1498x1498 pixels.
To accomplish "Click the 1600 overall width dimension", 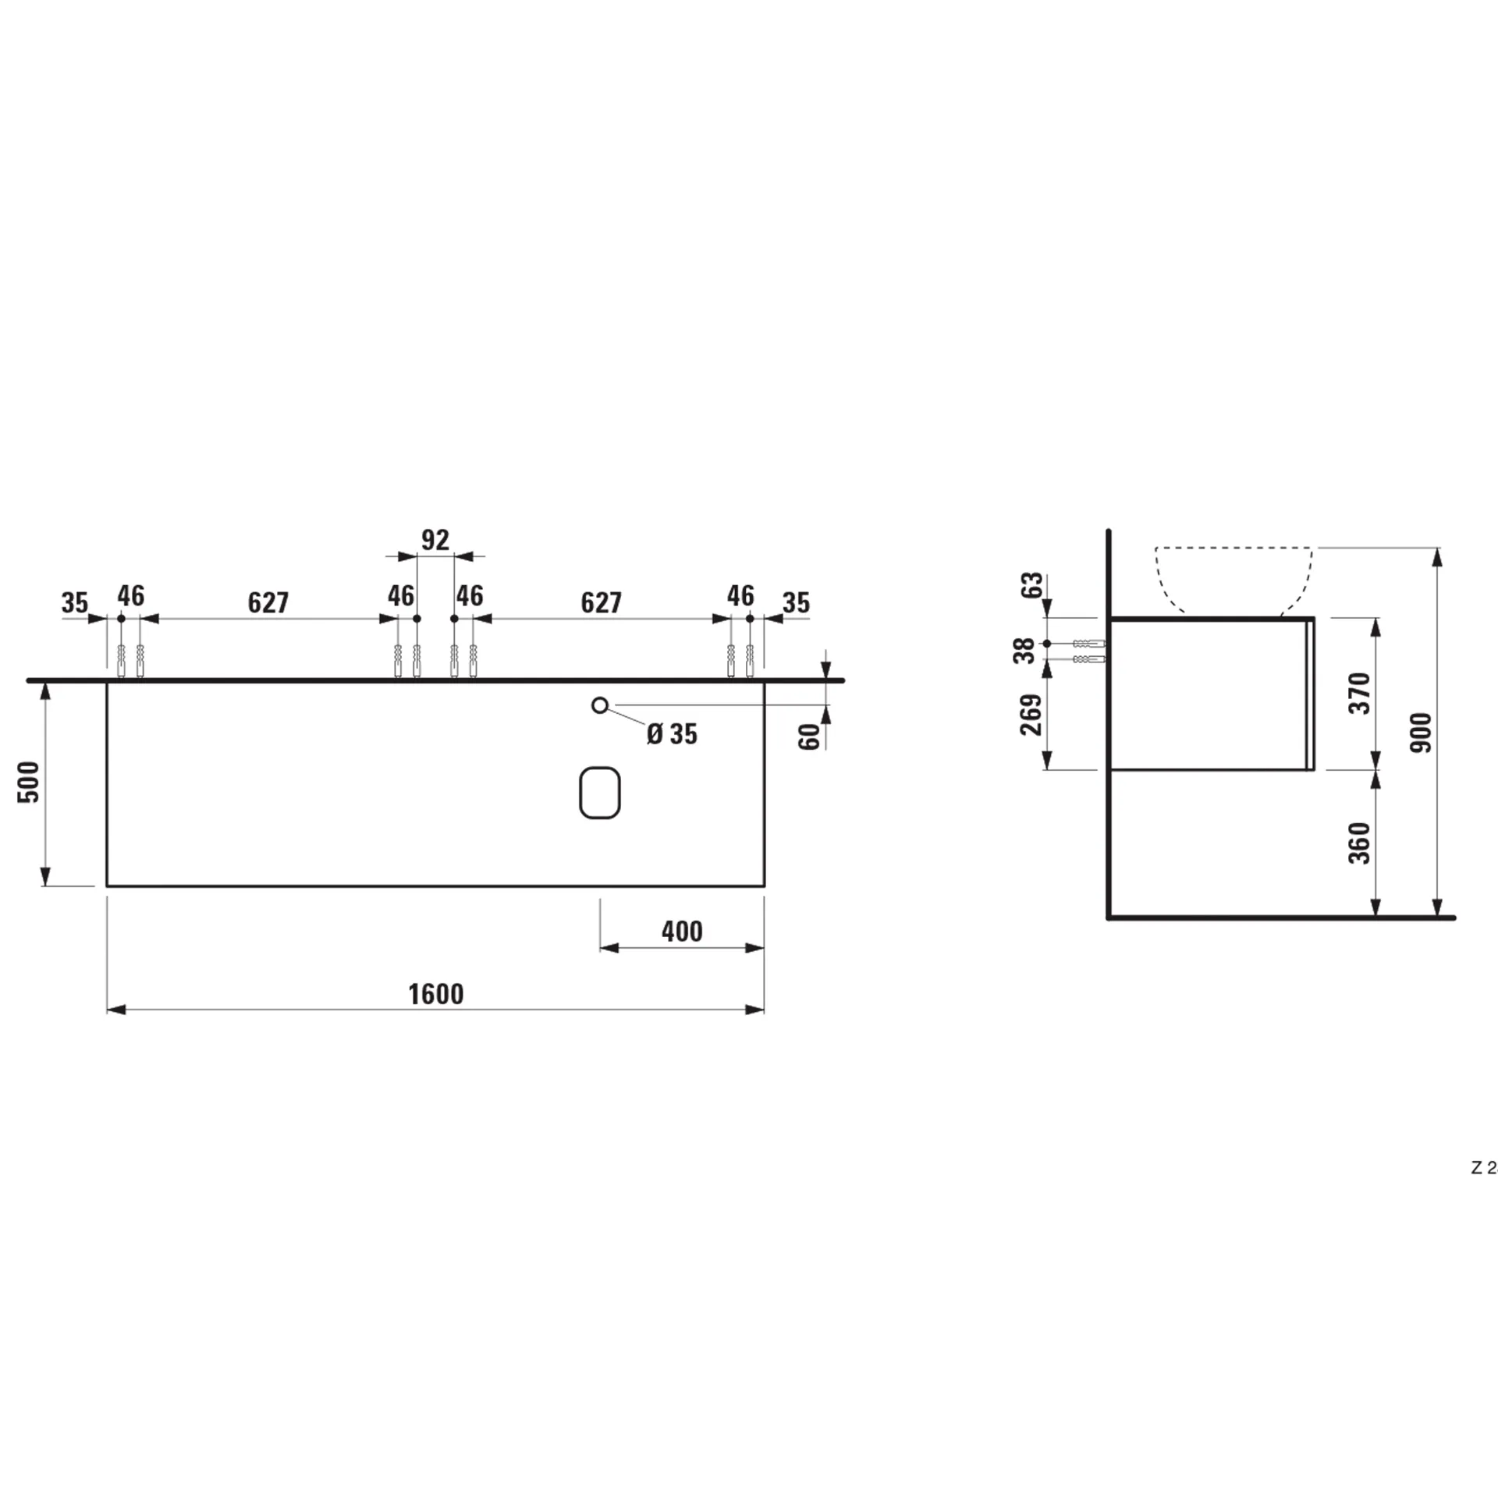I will (x=435, y=994).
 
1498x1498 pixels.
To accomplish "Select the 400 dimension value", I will (x=681, y=931).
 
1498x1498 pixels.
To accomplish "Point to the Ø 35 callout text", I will (x=672, y=734).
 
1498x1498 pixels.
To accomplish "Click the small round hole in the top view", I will (x=599, y=705).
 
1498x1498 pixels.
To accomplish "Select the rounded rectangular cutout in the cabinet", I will (x=599, y=793).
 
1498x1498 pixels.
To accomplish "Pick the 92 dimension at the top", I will (x=435, y=540).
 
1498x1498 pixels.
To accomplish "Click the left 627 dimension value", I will (x=268, y=602).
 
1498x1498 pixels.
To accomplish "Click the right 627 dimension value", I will (x=601, y=602).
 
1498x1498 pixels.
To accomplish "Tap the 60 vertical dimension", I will (x=811, y=736).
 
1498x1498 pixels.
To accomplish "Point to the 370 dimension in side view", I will (x=1359, y=693).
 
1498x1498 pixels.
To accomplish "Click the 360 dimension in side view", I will (x=1359, y=843).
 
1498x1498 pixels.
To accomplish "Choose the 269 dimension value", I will (x=1031, y=714).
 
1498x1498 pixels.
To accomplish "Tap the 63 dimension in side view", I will (x=1031, y=586).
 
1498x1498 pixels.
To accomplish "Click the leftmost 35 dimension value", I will (x=75, y=602).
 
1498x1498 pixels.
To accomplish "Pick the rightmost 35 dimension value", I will (x=796, y=602).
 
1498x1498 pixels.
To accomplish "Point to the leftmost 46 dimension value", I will (x=131, y=596).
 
